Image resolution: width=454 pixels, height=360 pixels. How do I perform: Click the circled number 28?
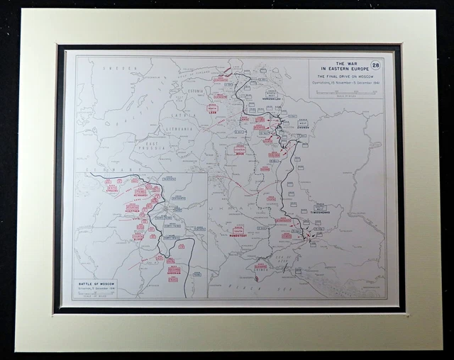(x=375, y=65)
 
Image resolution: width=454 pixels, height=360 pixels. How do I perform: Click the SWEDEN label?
(x=113, y=68)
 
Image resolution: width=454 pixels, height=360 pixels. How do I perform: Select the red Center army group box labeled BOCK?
(x=240, y=150)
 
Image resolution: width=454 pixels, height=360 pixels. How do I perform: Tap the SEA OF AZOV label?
(x=287, y=261)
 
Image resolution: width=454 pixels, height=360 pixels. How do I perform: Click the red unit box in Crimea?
(x=261, y=267)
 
